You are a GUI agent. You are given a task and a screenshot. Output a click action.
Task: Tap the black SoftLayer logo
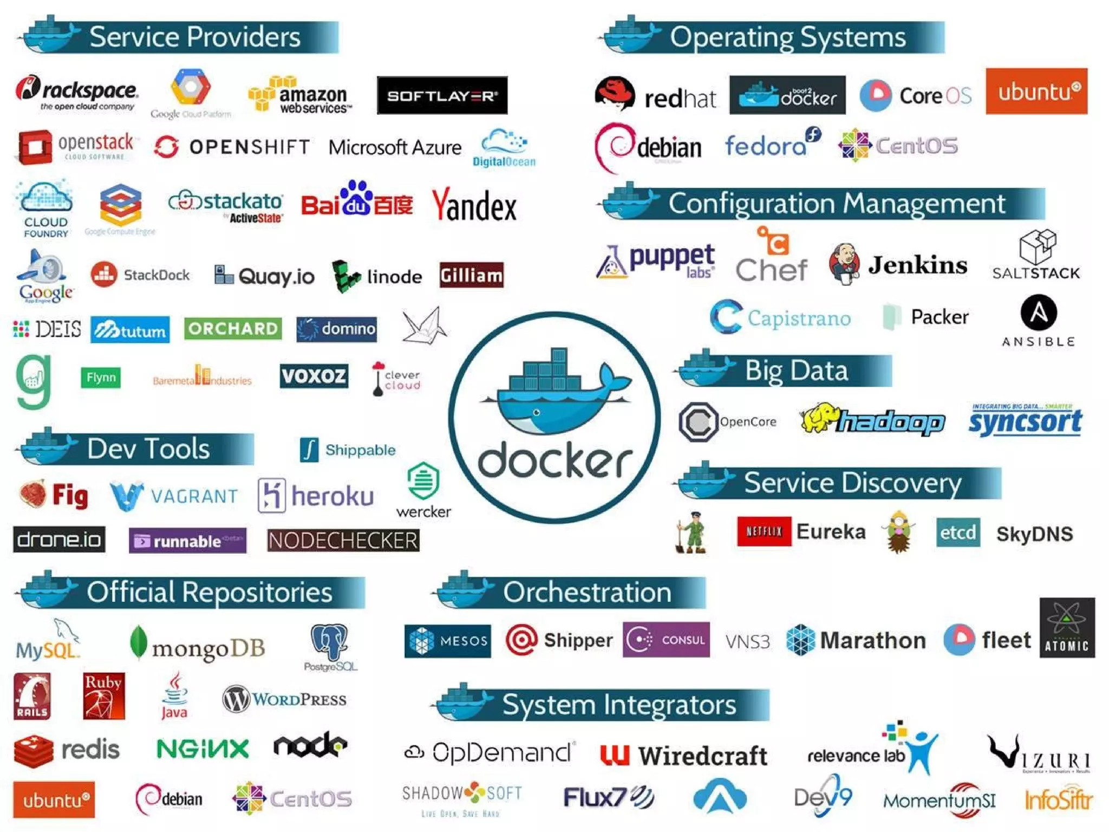[442, 95]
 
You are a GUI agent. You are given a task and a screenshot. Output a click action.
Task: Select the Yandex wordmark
[474, 206]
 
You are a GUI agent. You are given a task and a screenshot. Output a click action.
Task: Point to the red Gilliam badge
[471, 276]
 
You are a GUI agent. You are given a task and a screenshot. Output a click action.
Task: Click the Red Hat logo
[655, 95]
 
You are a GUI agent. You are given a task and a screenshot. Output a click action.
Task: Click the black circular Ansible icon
[1038, 313]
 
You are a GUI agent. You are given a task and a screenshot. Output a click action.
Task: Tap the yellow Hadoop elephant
[820, 418]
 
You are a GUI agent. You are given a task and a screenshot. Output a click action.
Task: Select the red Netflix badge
[764, 531]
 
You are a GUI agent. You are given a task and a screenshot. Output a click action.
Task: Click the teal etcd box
[957, 532]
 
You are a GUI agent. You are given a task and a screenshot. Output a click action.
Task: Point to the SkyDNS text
[1034, 534]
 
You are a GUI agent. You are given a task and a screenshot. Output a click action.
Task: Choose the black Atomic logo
[1067, 628]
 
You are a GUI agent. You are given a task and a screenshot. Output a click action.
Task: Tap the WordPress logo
[284, 699]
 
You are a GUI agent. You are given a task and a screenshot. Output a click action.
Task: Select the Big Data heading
[795, 371]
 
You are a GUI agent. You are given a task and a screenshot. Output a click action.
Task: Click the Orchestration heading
[587, 591]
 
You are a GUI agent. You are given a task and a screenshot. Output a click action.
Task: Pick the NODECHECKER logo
[343, 540]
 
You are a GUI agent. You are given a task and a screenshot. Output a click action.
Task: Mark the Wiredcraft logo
[684, 755]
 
